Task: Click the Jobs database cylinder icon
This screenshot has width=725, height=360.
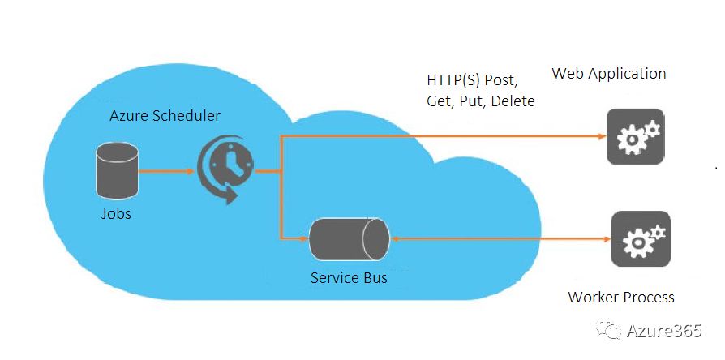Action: pyautogui.click(x=116, y=170)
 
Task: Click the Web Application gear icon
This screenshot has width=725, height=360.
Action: pyautogui.click(x=635, y=137)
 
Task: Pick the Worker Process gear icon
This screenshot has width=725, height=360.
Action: pyautogui.click(x=640, y=238)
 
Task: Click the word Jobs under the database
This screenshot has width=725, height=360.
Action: pyautogui.click(x=116, y=214)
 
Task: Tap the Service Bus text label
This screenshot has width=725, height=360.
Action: pyautogui.click(x=349, y=278)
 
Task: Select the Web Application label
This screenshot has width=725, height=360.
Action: pyautogui.click(x=609, y=74)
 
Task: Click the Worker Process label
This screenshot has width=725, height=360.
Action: pyautogui.click(x=621, y=297)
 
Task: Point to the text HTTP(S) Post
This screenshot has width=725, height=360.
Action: pyautogui.click(x=472, y=81)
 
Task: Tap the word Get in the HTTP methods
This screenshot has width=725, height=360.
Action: pyautogui.click(x=440, y=101)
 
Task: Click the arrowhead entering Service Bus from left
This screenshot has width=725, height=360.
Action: pyautogui.click(x=305, y=239)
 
